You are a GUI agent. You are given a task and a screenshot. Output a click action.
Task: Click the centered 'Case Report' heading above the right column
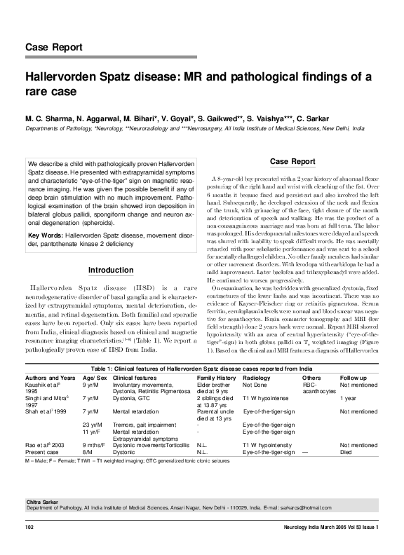[x=292, y=162]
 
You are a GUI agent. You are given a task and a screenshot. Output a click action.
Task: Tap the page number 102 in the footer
[x=29, y=526]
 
